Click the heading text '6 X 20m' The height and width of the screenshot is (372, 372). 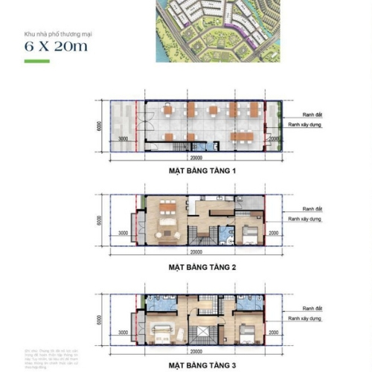click(x=55, y=47)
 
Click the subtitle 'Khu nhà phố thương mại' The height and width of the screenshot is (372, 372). click(x=55, y=33)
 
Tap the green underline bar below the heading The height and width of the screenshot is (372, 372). click(x=36, y=61)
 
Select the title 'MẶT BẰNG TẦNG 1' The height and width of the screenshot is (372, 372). click(x=202, y=171)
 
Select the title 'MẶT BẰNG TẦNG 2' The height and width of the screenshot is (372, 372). click(x=202, y=266)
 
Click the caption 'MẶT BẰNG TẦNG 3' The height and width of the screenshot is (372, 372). click(x=202, y=365)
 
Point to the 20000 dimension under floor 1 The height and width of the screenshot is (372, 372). click(x=196, y=158)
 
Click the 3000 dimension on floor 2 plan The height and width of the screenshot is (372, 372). click(x=124, y=234)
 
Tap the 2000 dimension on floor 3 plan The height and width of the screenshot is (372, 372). click(x=275, y=334)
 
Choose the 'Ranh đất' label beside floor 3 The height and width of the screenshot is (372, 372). click(x=312, y=308)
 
